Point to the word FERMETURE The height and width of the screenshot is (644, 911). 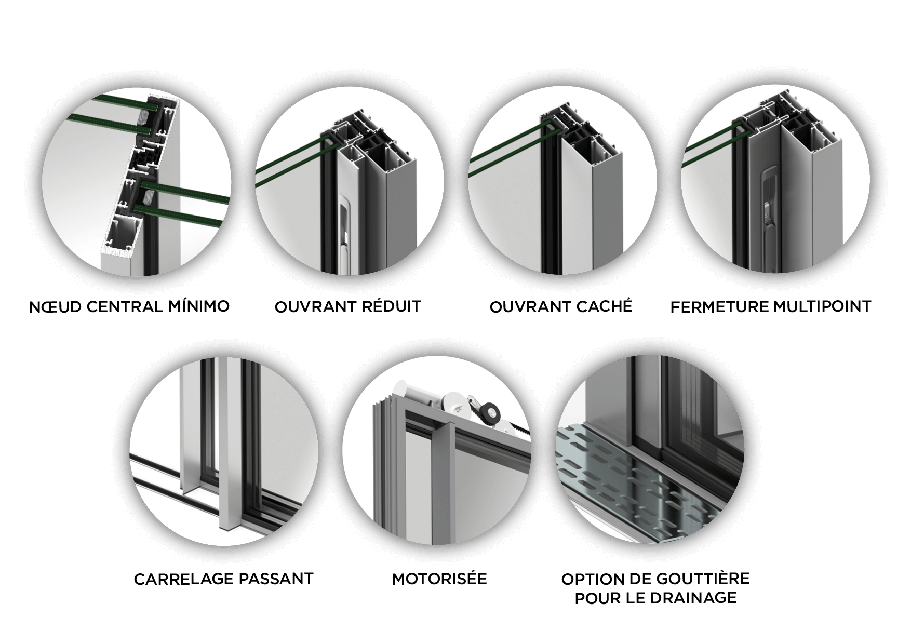[x=719, y=307]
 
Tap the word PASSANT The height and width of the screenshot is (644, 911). [x=270, y=579]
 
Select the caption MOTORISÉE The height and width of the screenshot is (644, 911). [x=439, y=578]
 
